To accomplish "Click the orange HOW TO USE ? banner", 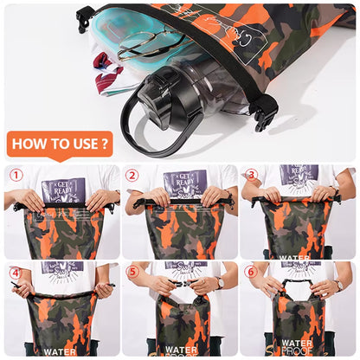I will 60,144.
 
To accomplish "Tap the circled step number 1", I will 16,175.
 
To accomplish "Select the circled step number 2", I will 132,175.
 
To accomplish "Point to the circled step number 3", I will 251,174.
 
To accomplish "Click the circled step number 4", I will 16,272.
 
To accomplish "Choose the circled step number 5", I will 132,272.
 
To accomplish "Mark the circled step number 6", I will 251,272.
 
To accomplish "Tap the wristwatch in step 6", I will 338,285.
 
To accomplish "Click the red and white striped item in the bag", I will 106,73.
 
